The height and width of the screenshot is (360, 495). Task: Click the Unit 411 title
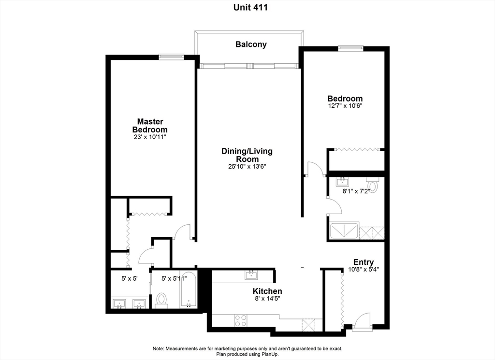250,7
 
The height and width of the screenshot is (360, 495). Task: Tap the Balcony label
251,44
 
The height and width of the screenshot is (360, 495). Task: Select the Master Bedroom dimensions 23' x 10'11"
150,137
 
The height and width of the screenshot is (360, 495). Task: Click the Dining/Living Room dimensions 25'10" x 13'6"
247,167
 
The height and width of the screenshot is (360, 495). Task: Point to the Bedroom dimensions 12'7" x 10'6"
345,106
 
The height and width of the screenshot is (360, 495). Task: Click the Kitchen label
267,291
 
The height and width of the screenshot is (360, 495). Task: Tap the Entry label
364,262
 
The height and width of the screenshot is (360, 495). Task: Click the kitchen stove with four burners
241,320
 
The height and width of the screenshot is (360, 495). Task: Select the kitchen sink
251,275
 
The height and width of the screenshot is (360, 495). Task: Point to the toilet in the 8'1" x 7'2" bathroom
372,185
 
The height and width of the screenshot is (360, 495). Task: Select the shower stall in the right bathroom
344,231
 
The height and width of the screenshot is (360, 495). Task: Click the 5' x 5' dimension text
130,279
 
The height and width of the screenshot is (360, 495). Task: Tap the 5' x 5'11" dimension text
174,279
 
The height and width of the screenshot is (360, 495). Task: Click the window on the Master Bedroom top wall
171,57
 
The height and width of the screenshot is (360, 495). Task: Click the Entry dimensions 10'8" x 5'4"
364,270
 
